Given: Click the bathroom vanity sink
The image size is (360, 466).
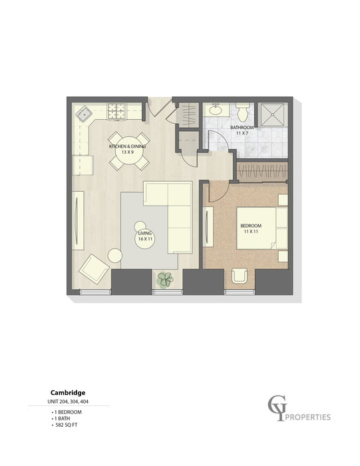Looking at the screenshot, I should pos(216,110).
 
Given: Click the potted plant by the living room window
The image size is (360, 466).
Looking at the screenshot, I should pos(164,280).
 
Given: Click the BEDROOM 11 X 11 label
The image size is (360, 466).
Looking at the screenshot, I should pos(250,229).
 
